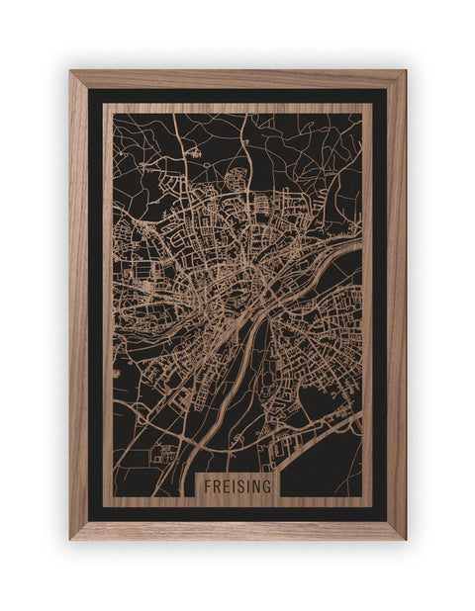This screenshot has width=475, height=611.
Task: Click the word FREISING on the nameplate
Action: (x=237, y=485)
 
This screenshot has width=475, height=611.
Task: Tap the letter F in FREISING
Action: (x=209, y=485)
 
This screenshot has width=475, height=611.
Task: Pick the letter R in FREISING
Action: (x=217, y=485)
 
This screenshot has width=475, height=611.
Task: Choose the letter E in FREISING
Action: (x=226, y=485)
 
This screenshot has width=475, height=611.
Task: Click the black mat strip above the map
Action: (x=237, y=96)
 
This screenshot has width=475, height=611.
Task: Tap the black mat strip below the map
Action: (x=237, y=514)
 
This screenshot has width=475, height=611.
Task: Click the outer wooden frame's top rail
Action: (x=237, y=78)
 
